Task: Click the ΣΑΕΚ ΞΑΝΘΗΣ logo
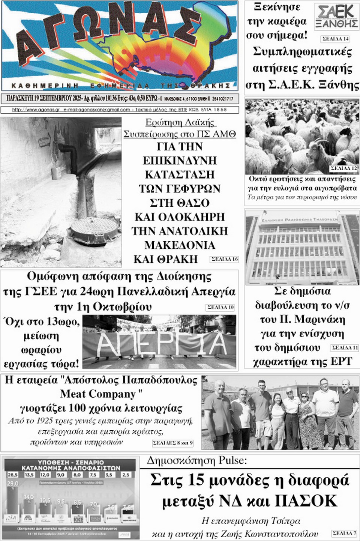click(x=336, y=16)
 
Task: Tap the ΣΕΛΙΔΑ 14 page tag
click(x=335, y=39)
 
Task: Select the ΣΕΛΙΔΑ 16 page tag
click(x=224, y=259)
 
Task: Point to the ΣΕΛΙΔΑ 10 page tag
click(x=220, y=307)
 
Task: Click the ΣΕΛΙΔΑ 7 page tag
click(x=344, y=533)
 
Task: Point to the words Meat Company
click(x=98, y=394)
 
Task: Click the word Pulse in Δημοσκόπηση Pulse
click(x=229, y=460)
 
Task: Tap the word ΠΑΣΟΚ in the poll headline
click(x=306, y=501)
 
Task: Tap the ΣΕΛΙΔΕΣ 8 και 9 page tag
click(x=172, y=443)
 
